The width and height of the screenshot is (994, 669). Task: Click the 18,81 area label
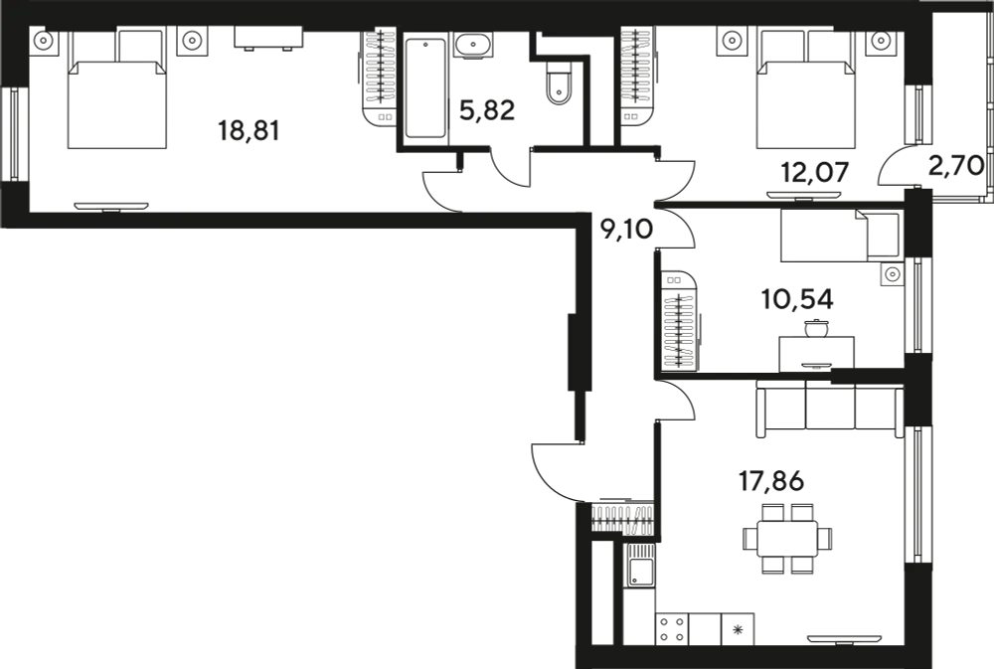(248, 131)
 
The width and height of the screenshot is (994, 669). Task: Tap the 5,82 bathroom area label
(487, 111)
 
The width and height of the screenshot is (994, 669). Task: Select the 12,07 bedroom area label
(815, 172)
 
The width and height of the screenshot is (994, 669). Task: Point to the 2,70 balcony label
(956, 165)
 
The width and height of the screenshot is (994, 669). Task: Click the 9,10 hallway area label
(626, 230)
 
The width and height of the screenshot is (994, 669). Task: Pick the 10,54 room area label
(797, 298)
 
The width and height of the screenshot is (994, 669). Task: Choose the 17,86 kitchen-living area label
(771, 481)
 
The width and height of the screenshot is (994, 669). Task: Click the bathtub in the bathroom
(425, 88)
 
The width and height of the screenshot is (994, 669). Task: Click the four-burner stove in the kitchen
(672, 629)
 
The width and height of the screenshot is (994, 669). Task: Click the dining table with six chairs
(787, 539)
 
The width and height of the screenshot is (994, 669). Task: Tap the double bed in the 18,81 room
(117, 88)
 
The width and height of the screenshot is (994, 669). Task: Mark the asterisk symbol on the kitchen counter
(738, 630)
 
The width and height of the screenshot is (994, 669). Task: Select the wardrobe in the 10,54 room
(680, 322)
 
